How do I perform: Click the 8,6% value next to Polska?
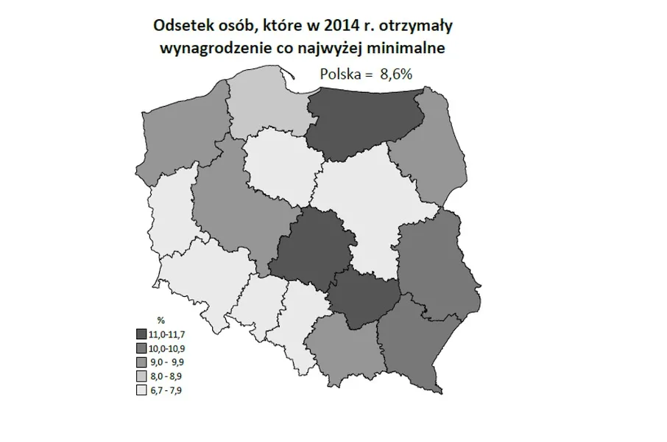pyautogui.click(x=396, y=74)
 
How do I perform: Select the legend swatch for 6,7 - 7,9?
pyautogui.click(x=141, y=391)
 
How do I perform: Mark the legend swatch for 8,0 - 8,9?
pyautogui.click(x=141, y=377)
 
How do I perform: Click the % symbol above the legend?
pyautogui.click(x=161, y=320)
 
